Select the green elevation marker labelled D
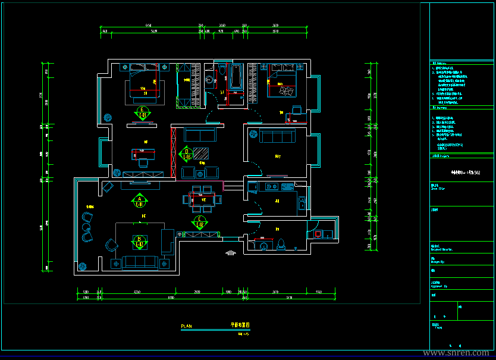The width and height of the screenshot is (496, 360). click(x=187, y=154)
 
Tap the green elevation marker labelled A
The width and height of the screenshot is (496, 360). click(x=139, y=201)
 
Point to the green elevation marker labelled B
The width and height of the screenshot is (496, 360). click(x=139, y=241)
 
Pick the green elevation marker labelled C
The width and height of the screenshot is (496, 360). click(x=199, y=223)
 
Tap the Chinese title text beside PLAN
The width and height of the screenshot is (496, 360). click(x=240, y=325)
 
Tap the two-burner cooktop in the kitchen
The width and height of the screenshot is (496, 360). click(x=271, y=187)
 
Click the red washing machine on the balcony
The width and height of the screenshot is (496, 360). click(x=318, y=234)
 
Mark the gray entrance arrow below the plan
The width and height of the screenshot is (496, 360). click(x=231, y=253)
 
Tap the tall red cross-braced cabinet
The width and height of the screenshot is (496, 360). click(x=173, y=152)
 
